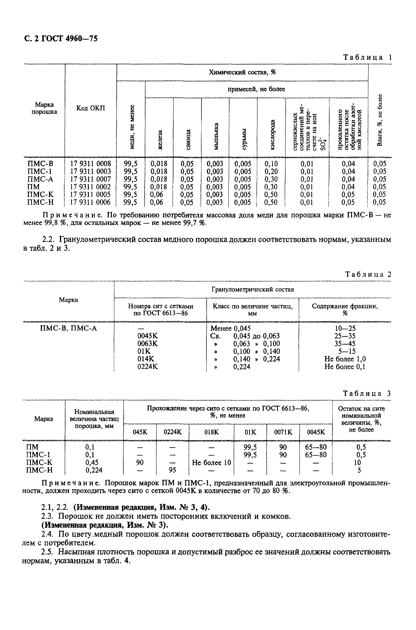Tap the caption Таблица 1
point(367,57)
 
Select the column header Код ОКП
point(91,108)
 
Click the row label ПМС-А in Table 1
point(40,179)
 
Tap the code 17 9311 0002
point(90,187)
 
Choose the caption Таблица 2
point(368,274)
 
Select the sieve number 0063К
point(147,344)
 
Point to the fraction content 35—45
point(345,344)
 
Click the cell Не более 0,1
point(345,367)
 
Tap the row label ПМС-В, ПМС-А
point(68,329)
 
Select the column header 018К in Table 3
point(211,432)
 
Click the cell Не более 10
point(211,463)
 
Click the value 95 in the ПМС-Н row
point(173,470)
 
